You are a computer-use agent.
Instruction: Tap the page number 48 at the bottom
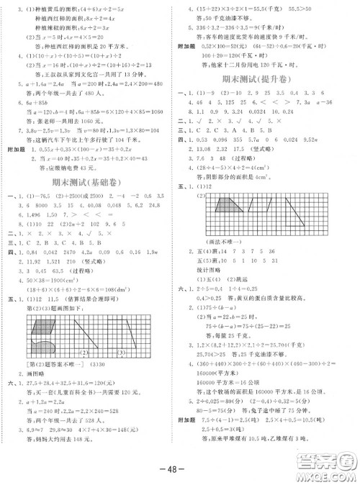tap(180, 468)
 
